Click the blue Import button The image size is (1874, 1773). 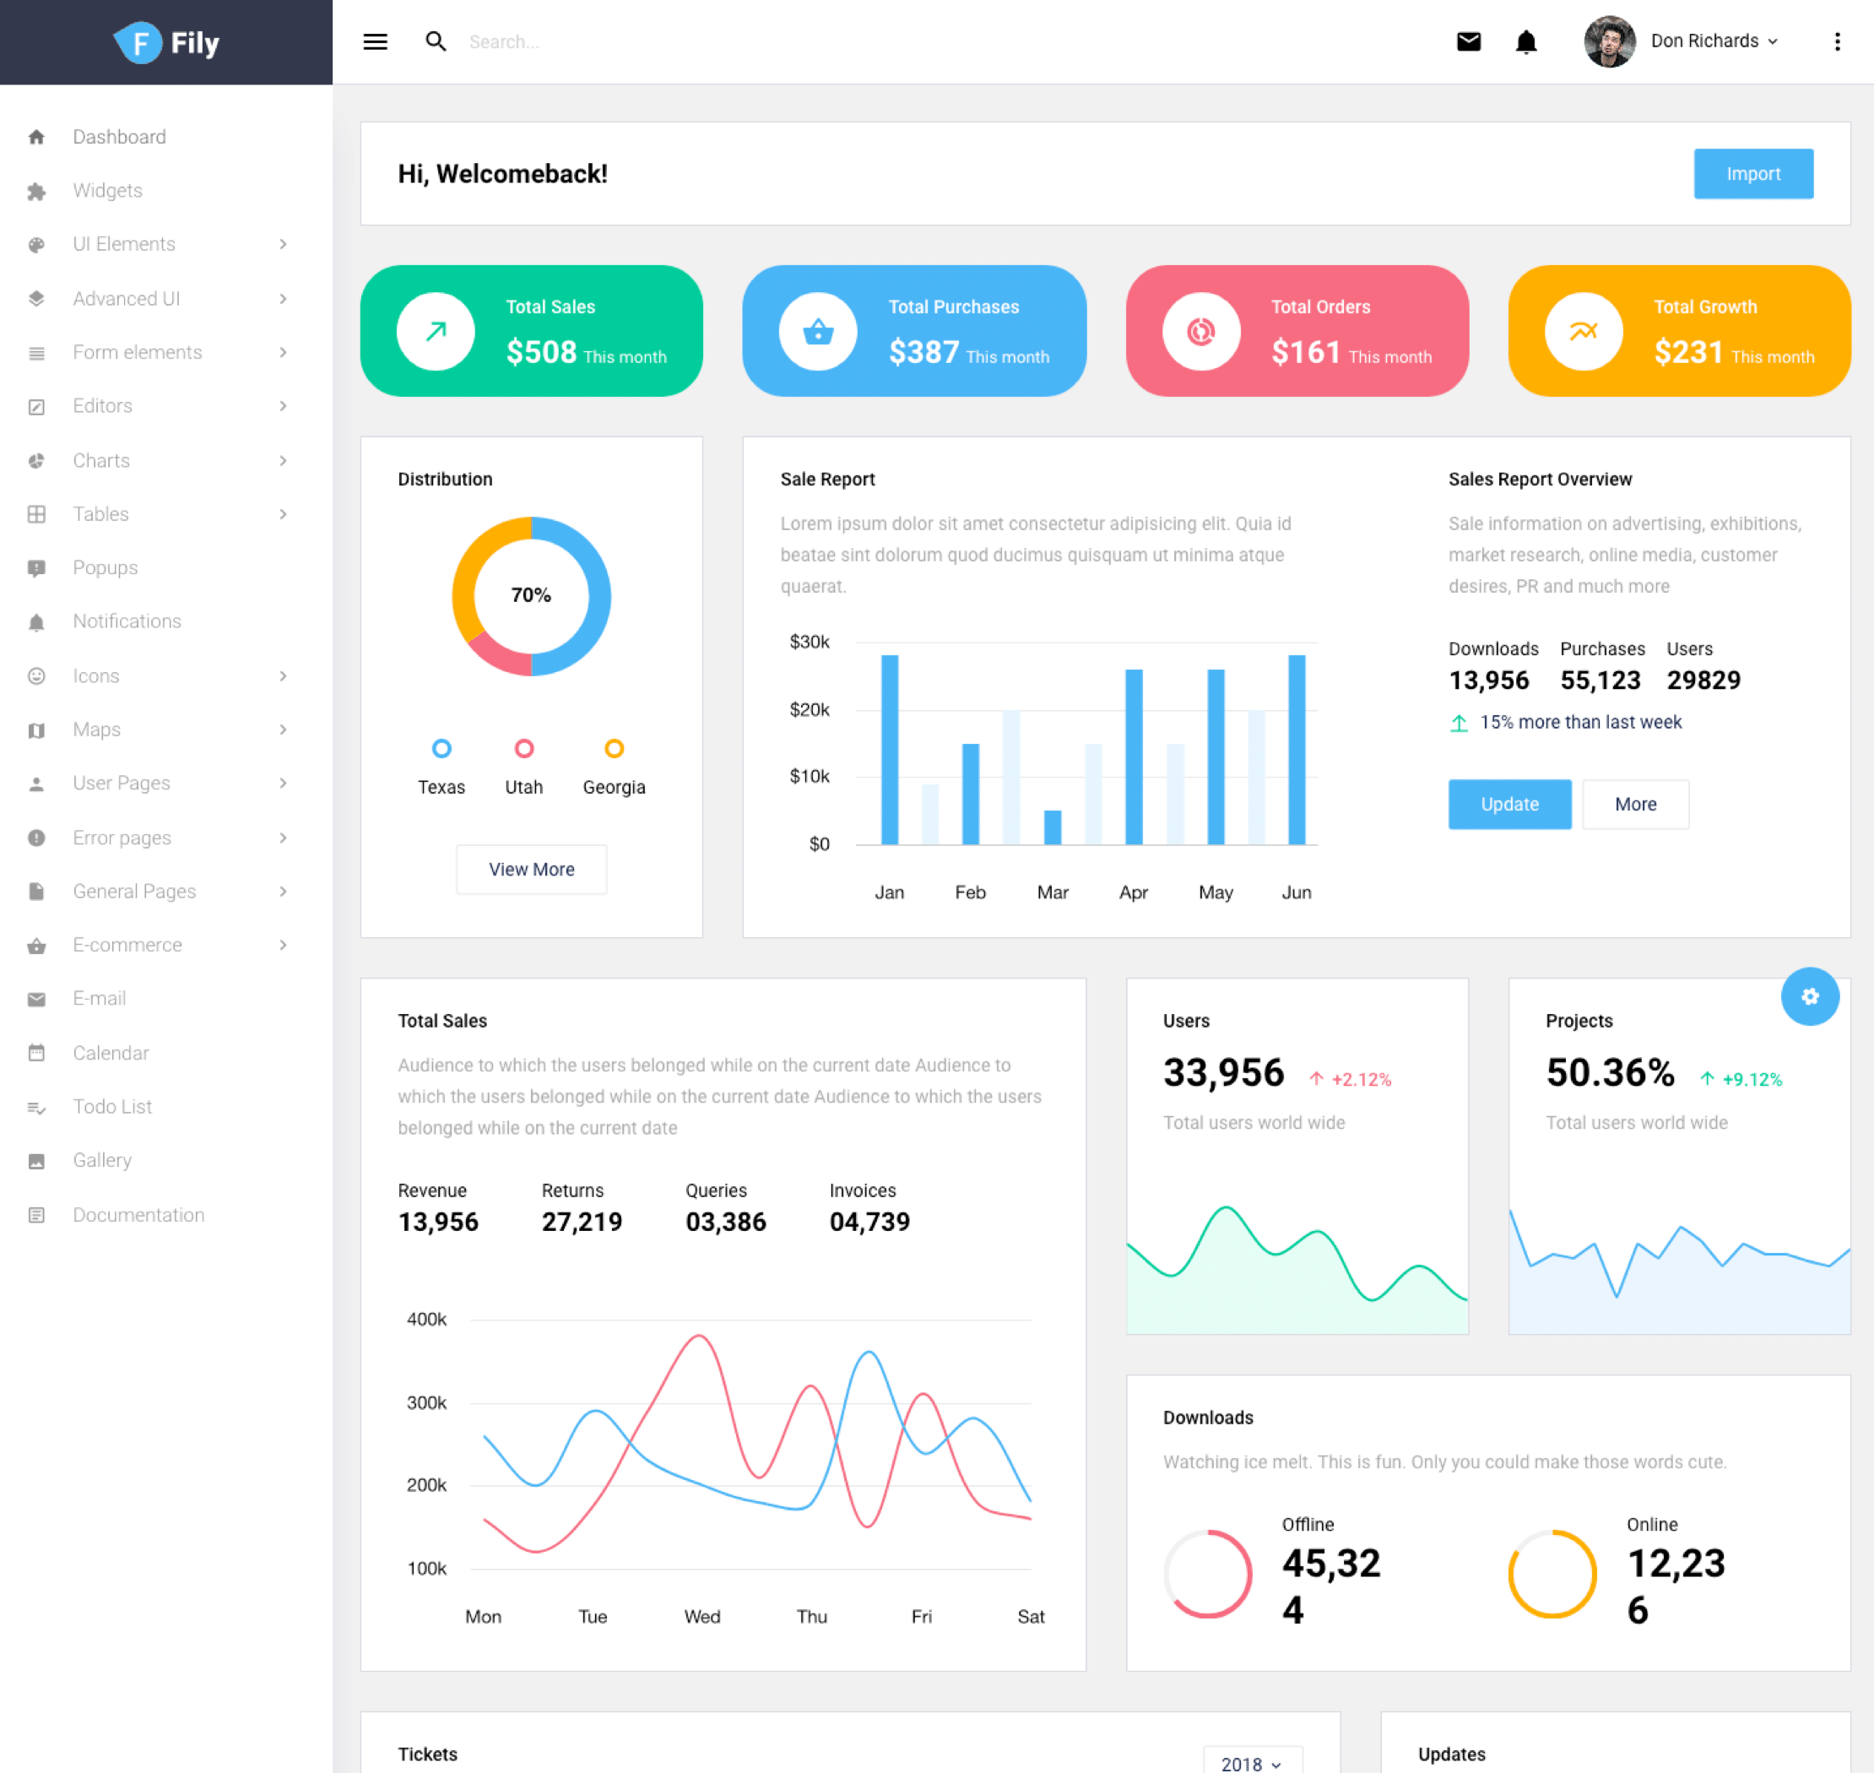pyautogui.click(x=1752, y=174)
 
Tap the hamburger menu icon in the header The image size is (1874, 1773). pyautogui.click(x=375, y=41)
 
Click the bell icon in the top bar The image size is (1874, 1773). pyautogui.click(x=1525, y=41)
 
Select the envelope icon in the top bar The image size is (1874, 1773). pyautogui.click(x=1468, y=41)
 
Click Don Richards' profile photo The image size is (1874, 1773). pyautogui.click(x=1608, y=41)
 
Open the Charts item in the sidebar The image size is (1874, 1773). pyautogui.click(x=101, y=460)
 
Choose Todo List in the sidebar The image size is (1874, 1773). pyautogui.click(x=111, y=1106)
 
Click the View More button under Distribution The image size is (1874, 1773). pyautogui.click(x=531, y=869)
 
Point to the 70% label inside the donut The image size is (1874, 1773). pyautogui.click(x=531, y=594)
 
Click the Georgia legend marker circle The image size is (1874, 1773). pyautogui.click(x=614, y=749)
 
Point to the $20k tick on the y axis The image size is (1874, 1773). pyautogui.click(x=809, y=709)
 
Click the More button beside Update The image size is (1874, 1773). pyautogui.click(x=1635, y=805)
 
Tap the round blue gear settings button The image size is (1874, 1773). pyautogui.click(x=1809, y=996)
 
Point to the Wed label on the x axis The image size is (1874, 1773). pyautogui.click(x=702, y=1616)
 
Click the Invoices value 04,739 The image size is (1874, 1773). pyautogui.click(x=869, y=1222)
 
